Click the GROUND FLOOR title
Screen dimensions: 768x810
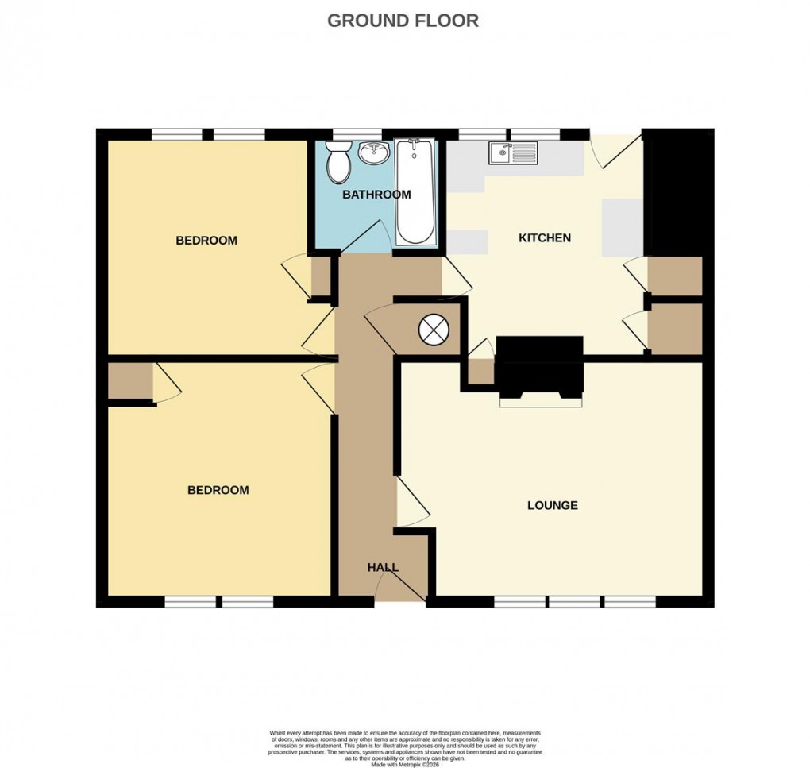[x=403, y=21]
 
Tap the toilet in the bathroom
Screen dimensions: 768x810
[x=339, y=161]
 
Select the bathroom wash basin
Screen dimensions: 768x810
[x=372, y=152]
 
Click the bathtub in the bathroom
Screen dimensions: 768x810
[x=415, y=192]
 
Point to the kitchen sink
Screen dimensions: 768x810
[x=513, y=153]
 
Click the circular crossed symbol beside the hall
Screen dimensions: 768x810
[x=434, y=330]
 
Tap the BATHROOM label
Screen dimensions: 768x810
[x=376, y=195]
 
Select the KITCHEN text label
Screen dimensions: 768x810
[x=544, y=237]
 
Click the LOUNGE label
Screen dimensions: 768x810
[x=552, y=505]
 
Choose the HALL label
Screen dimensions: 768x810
[x=383, y=567]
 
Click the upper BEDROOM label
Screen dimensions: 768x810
[x=206, y=241]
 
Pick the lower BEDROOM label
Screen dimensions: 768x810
[x=218, y=490]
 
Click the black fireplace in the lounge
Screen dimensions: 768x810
[x=539, y=367]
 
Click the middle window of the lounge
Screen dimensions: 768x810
[x=575, y=601]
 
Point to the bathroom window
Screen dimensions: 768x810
[x=357, y=134]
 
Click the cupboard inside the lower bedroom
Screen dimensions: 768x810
[x=130, y=381]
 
